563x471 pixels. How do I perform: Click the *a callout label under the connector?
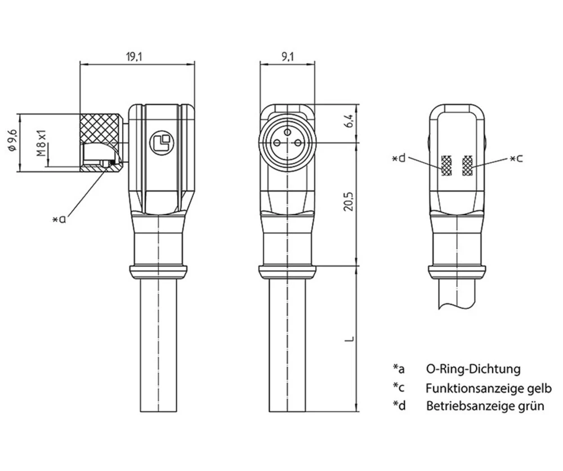[59, 219]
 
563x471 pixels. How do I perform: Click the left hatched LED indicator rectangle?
[446, 165]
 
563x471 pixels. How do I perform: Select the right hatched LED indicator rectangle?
[467, 165]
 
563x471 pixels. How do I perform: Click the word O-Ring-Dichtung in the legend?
[473, 369]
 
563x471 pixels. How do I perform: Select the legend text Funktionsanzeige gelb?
[488, 388]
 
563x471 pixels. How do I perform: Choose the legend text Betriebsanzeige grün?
[485, 406]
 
